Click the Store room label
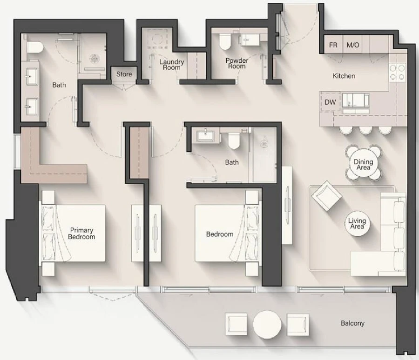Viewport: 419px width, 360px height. pos(124,74)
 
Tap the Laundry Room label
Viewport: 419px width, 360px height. pos(172,65)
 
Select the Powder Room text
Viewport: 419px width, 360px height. pos(237,63)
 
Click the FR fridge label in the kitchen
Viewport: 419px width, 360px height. pos(333,46)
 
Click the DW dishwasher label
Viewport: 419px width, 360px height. pos(330,102)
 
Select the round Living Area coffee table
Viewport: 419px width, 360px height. pos(357,224)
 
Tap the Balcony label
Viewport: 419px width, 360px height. pos(352,323)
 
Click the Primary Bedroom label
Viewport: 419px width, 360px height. pos(81,233)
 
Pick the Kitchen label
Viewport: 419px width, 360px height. pos(344,76)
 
